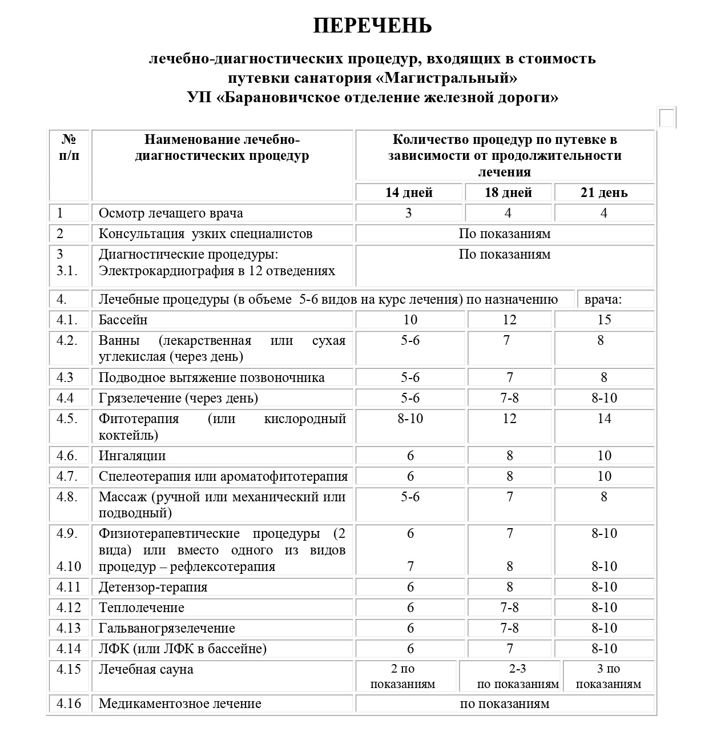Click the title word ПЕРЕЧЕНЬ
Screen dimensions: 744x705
point(372,26)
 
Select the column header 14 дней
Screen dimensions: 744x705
point(409,192)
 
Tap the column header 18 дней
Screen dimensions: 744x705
point(508,192)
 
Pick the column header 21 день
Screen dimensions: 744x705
point(604,192)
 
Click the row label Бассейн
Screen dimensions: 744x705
point(123,320)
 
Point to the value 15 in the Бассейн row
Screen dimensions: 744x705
point(604,320)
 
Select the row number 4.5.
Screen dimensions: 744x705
point(67,419)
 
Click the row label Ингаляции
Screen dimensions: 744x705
point(132,456)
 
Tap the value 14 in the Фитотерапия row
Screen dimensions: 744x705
point(604,419)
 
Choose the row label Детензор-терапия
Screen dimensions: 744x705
point(153,587)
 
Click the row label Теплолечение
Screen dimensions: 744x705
point(142,608)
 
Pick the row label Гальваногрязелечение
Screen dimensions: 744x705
point(167,628)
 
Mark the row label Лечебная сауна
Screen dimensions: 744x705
point(146,669)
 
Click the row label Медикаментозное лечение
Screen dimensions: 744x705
point(180,703)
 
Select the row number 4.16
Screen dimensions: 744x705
point(69,703)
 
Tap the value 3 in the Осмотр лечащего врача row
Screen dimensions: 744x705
point(409,213)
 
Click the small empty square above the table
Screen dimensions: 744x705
point(667,118)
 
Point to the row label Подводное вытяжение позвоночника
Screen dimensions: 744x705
point(212,377)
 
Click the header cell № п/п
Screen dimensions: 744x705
point(69,147)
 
